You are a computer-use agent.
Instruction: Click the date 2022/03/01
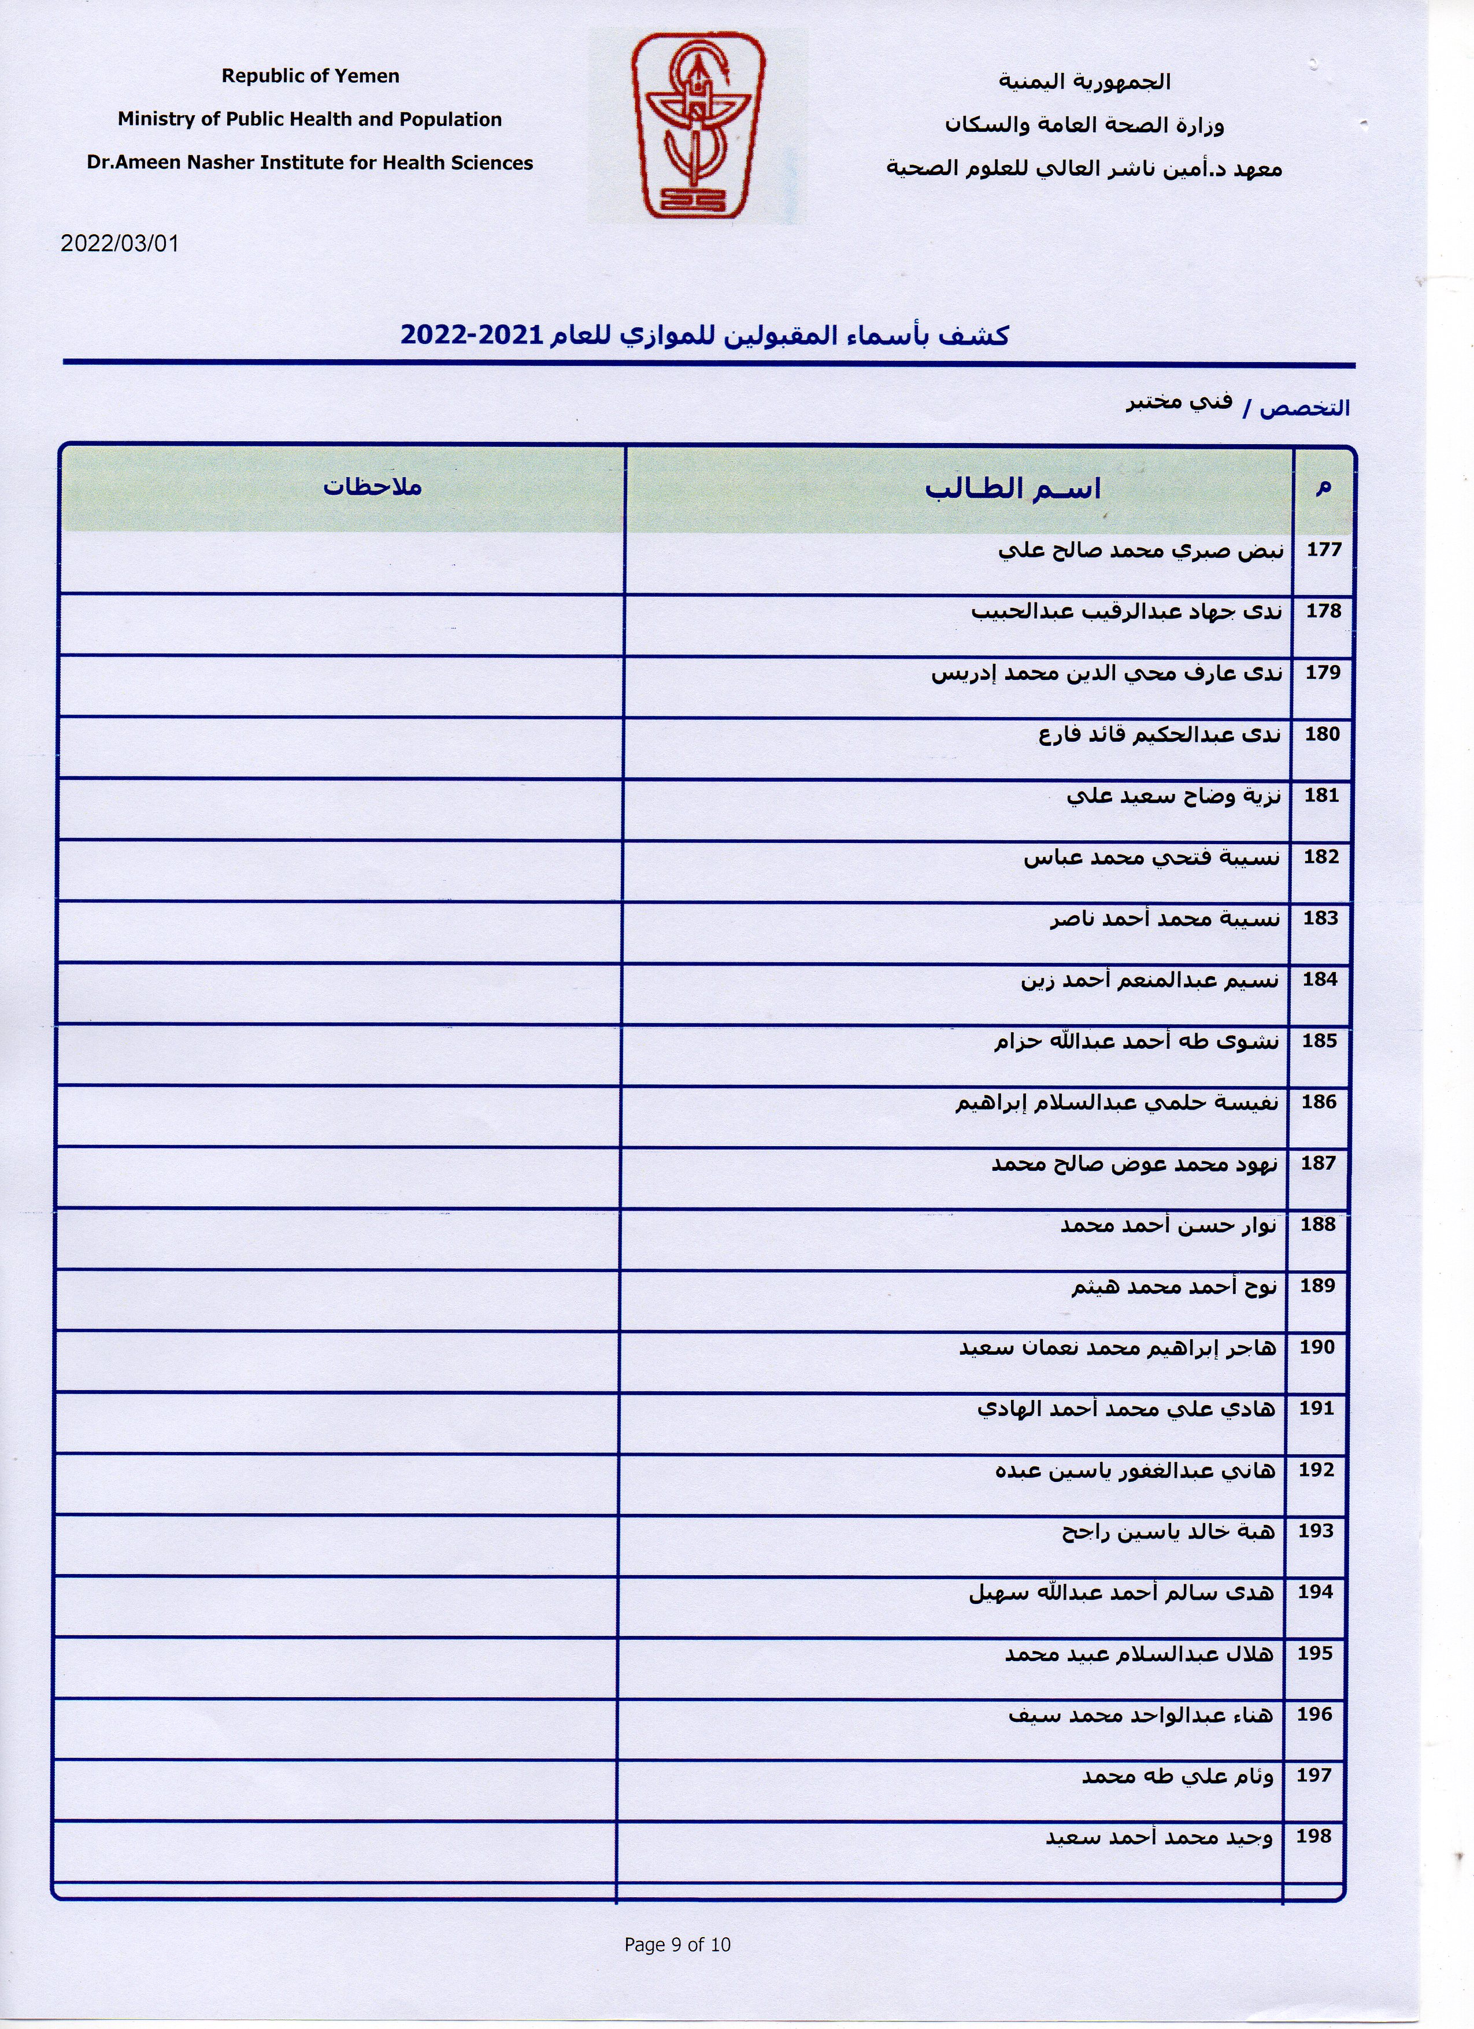(x=120, y=243)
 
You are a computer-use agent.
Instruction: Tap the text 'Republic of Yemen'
(x=310, y=76)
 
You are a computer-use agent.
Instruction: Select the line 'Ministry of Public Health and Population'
(x=309, y=119)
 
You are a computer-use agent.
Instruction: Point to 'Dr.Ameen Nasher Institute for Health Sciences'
(x=309, y=163)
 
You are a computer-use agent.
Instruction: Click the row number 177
(x=1324, y=549)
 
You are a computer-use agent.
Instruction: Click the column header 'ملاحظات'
(x=372, y=487)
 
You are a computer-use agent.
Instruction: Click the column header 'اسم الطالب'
(x=1013, y=489)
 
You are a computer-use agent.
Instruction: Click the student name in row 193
(x=1168, y=1532)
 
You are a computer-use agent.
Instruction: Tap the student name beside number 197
(x=1178, y=1775)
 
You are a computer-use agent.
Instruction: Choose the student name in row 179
(x=1108, y=672)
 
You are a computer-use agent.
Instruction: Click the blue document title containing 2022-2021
(x=705, y=335)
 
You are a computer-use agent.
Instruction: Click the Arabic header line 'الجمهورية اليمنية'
(x=1084, y=82)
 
